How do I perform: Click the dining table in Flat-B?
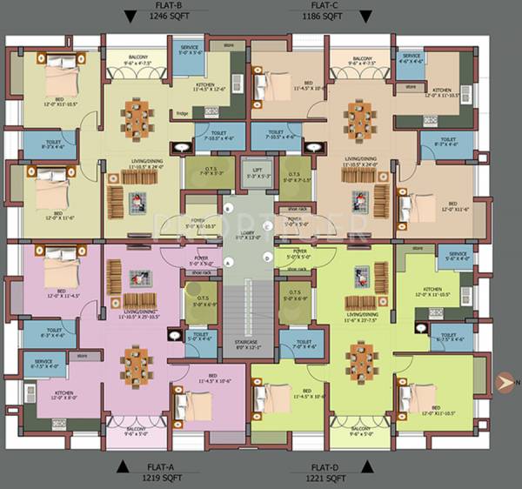[x=135, y=112]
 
